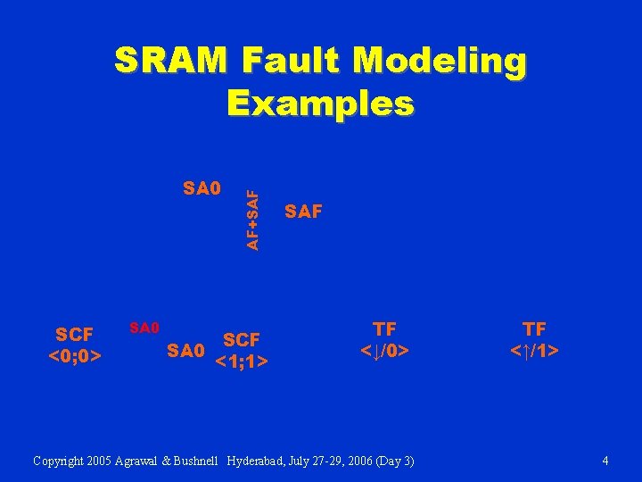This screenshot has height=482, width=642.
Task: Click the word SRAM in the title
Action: (173, 62)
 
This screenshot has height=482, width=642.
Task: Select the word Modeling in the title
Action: (440, 62)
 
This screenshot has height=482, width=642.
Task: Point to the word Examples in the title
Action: (320, 103)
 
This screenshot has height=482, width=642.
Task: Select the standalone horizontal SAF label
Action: (303, 212)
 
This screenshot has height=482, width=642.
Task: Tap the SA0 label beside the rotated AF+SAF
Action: (201, 188)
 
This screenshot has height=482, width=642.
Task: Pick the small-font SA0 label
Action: (144, 328)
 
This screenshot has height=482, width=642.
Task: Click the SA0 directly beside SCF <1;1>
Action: (186, 351)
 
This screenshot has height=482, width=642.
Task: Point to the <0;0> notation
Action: (74, 356)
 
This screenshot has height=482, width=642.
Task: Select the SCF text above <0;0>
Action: (74, 336)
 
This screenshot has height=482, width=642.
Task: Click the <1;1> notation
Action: (242, 361)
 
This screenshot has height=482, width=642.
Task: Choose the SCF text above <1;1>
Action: (242, 340)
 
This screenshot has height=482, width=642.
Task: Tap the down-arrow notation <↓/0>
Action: (384, 351)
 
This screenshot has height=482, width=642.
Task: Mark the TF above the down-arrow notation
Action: (384, 329)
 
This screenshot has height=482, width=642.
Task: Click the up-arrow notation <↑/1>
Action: (534, 351)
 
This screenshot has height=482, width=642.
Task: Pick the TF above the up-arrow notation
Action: (534, 329)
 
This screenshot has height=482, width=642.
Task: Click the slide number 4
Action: (605, 461)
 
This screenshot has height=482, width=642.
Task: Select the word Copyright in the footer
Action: (61, 461)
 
